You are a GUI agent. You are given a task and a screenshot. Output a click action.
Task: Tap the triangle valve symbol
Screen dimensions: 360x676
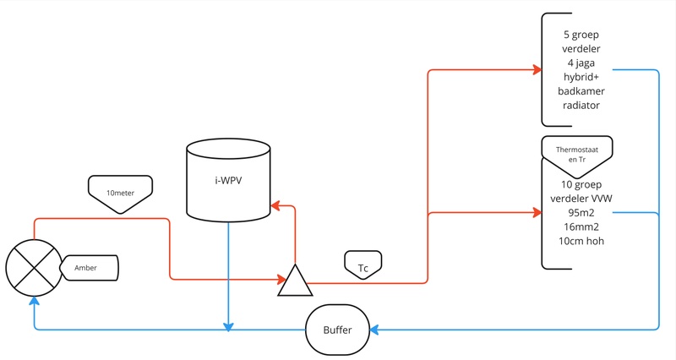295,281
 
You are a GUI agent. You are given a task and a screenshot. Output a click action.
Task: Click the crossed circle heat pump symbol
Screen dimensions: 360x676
32,268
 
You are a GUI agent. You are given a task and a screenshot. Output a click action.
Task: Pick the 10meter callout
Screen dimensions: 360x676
120,193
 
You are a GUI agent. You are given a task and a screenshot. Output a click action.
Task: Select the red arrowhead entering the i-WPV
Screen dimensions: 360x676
274,205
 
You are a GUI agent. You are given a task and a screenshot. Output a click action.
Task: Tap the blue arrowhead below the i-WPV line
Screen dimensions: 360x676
228,325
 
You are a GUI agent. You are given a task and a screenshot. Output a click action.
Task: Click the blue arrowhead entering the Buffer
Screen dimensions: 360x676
373,329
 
